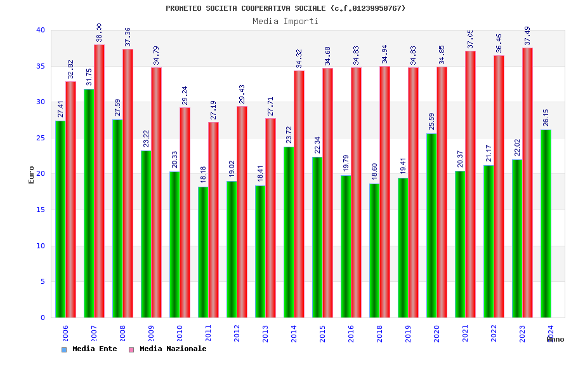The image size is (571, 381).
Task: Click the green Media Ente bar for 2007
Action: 89,203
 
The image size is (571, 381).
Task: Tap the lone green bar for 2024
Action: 546,224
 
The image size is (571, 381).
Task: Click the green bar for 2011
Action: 203,252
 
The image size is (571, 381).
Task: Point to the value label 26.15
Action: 546,117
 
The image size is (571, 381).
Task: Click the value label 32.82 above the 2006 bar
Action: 70,70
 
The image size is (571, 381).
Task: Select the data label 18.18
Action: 204,175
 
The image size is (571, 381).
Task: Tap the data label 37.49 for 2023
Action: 527,36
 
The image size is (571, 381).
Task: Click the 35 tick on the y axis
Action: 41,66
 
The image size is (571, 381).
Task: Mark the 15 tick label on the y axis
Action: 41,210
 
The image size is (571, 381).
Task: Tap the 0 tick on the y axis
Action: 43,317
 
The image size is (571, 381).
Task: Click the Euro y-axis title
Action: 32,175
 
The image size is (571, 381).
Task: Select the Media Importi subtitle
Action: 285,21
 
